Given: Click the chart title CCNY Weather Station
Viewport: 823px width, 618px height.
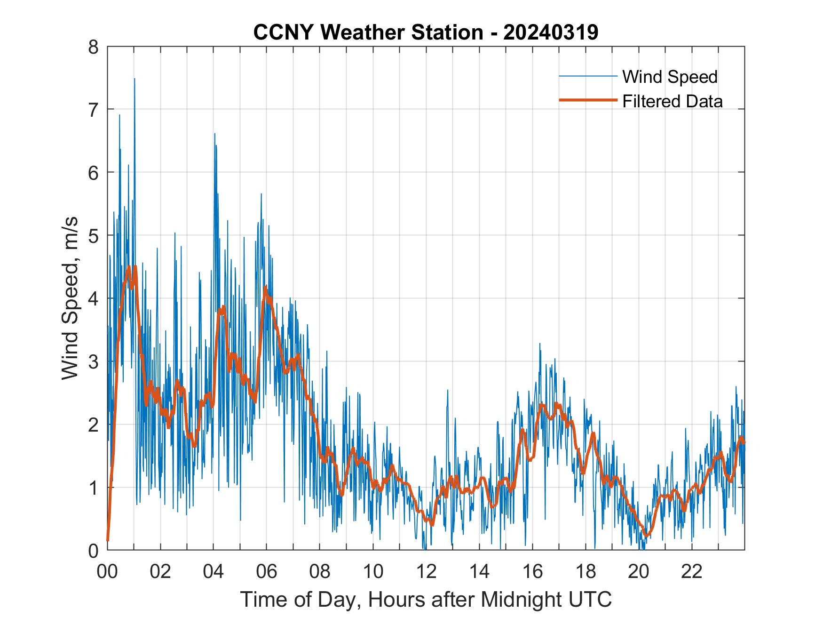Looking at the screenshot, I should click(368, 32).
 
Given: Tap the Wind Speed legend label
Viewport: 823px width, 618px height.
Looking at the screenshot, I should click(670, 77).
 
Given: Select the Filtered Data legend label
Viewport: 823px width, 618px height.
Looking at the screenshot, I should click(672, 101).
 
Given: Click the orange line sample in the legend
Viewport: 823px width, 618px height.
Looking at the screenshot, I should click(588, 100).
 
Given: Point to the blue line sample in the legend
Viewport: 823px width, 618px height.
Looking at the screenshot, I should click(588, 76).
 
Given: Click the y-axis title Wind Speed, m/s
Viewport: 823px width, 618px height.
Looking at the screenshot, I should click(71, 298).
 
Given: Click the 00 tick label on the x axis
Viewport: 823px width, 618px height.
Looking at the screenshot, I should click(107, 571).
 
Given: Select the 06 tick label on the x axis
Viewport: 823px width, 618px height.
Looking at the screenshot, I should click(267, 571).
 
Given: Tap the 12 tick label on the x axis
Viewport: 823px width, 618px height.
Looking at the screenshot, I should click(426, 571).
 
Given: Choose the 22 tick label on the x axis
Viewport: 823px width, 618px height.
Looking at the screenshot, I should click(692, 571).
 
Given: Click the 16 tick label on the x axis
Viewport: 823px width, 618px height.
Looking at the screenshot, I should click(532, 571).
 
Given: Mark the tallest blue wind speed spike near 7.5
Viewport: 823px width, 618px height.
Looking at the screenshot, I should click(135, 79).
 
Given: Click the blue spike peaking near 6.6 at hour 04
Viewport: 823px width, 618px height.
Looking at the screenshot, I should click(214, 134).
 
